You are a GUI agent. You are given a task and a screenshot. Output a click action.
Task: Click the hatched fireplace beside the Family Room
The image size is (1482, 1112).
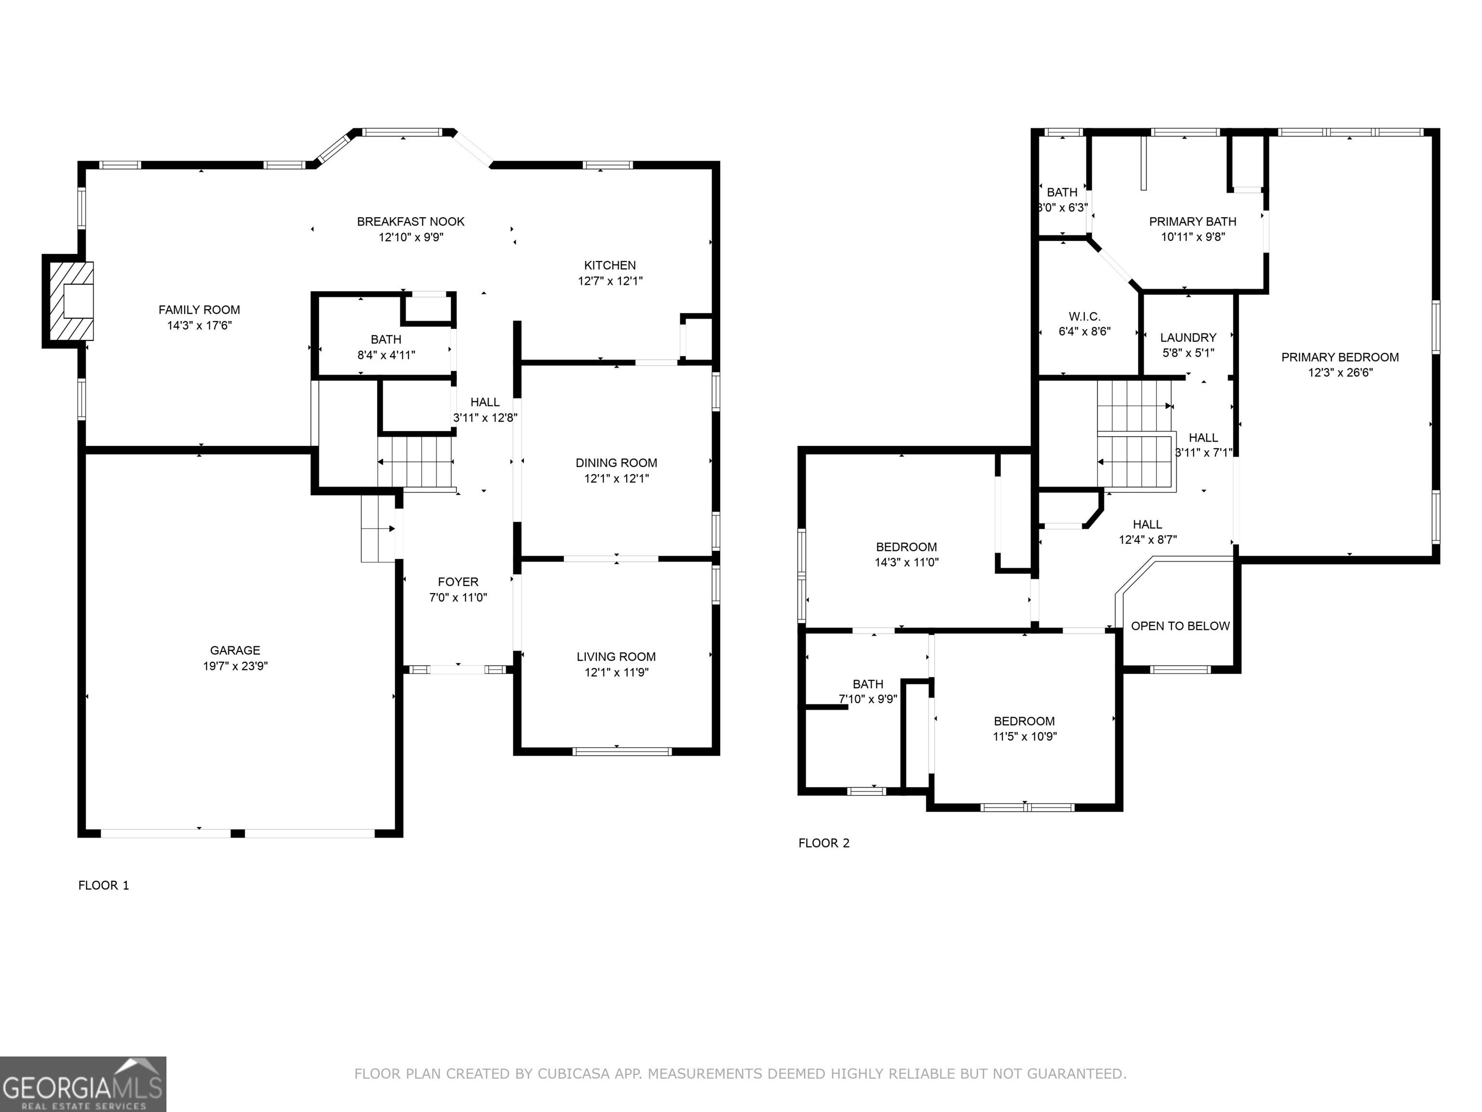[x=69, y=301]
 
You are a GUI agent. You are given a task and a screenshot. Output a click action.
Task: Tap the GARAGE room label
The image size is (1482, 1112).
[x=235, y=650]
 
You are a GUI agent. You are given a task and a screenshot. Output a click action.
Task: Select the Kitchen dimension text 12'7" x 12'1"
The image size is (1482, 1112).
[x=610, y=281]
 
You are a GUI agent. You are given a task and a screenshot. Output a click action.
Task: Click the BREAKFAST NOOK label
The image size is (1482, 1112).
[x=411, y=221]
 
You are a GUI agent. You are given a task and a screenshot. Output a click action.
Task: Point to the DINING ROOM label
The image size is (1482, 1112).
[x=617, y=462]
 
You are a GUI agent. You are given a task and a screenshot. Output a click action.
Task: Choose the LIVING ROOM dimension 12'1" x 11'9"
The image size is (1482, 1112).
[x=617, y=672]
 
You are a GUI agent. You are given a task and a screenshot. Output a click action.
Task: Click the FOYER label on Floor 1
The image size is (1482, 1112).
[x=458, y=582]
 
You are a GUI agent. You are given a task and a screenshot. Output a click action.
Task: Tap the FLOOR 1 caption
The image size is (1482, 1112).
[x=104, y=886]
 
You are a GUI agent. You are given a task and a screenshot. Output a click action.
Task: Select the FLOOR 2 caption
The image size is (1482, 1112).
[x=824, y=843]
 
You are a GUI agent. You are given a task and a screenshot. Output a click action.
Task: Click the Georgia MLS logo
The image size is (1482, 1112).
[x=83, y=1084]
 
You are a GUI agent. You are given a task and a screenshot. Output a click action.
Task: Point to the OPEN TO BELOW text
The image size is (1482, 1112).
[x=1180, y=626]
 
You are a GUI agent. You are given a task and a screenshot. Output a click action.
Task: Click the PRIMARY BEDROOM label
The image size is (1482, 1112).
[x=1340, y=357]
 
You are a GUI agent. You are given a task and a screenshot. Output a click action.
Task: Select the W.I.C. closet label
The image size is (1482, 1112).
[x=1084, y=317]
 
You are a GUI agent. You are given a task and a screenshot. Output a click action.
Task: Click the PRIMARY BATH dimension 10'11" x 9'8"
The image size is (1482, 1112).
[x=1193, y=236]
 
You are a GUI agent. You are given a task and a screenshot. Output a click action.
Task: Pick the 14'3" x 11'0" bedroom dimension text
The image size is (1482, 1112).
[x=906, y=562]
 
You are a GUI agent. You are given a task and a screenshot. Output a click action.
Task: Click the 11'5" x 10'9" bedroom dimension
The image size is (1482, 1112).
[x=1024, y=737]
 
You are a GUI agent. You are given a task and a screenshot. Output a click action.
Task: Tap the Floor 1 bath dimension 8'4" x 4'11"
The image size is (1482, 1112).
[x=386, y=355]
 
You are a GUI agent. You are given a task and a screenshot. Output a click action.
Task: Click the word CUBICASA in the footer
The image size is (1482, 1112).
[x=574, y=1074]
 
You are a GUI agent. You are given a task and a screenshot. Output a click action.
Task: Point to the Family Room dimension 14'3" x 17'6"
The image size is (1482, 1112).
[x=200, y=326]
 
